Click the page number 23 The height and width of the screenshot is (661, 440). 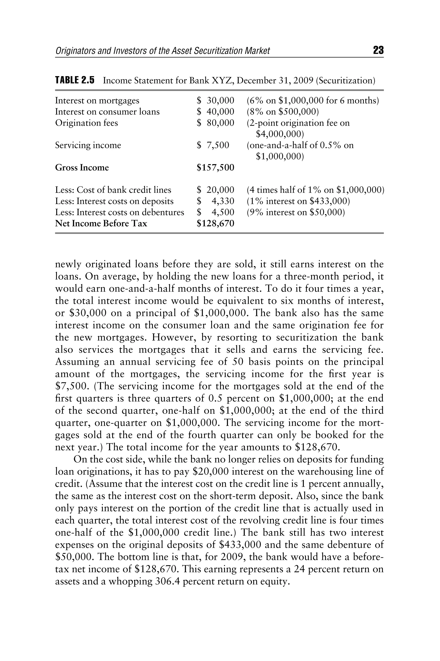click(378, 50)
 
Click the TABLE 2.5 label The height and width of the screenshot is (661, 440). click(75, 80)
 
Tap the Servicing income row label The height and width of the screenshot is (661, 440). click(88, 145)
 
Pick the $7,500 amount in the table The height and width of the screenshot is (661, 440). click(213, 145)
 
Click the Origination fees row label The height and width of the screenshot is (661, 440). click(86, 123)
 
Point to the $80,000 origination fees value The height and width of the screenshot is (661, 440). click(215, 123)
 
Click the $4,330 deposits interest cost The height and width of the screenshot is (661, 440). click(215, 201)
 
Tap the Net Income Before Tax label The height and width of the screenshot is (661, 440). click(101, 223)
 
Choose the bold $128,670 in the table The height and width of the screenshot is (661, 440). click(215, 223)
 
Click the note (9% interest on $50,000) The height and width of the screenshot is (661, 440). click(295, 212)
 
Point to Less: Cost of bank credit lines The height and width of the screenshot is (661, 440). click(113, 190)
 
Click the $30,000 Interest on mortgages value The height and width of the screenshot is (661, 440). click(215, 101)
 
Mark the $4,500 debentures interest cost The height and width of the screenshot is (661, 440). click(215, 212)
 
